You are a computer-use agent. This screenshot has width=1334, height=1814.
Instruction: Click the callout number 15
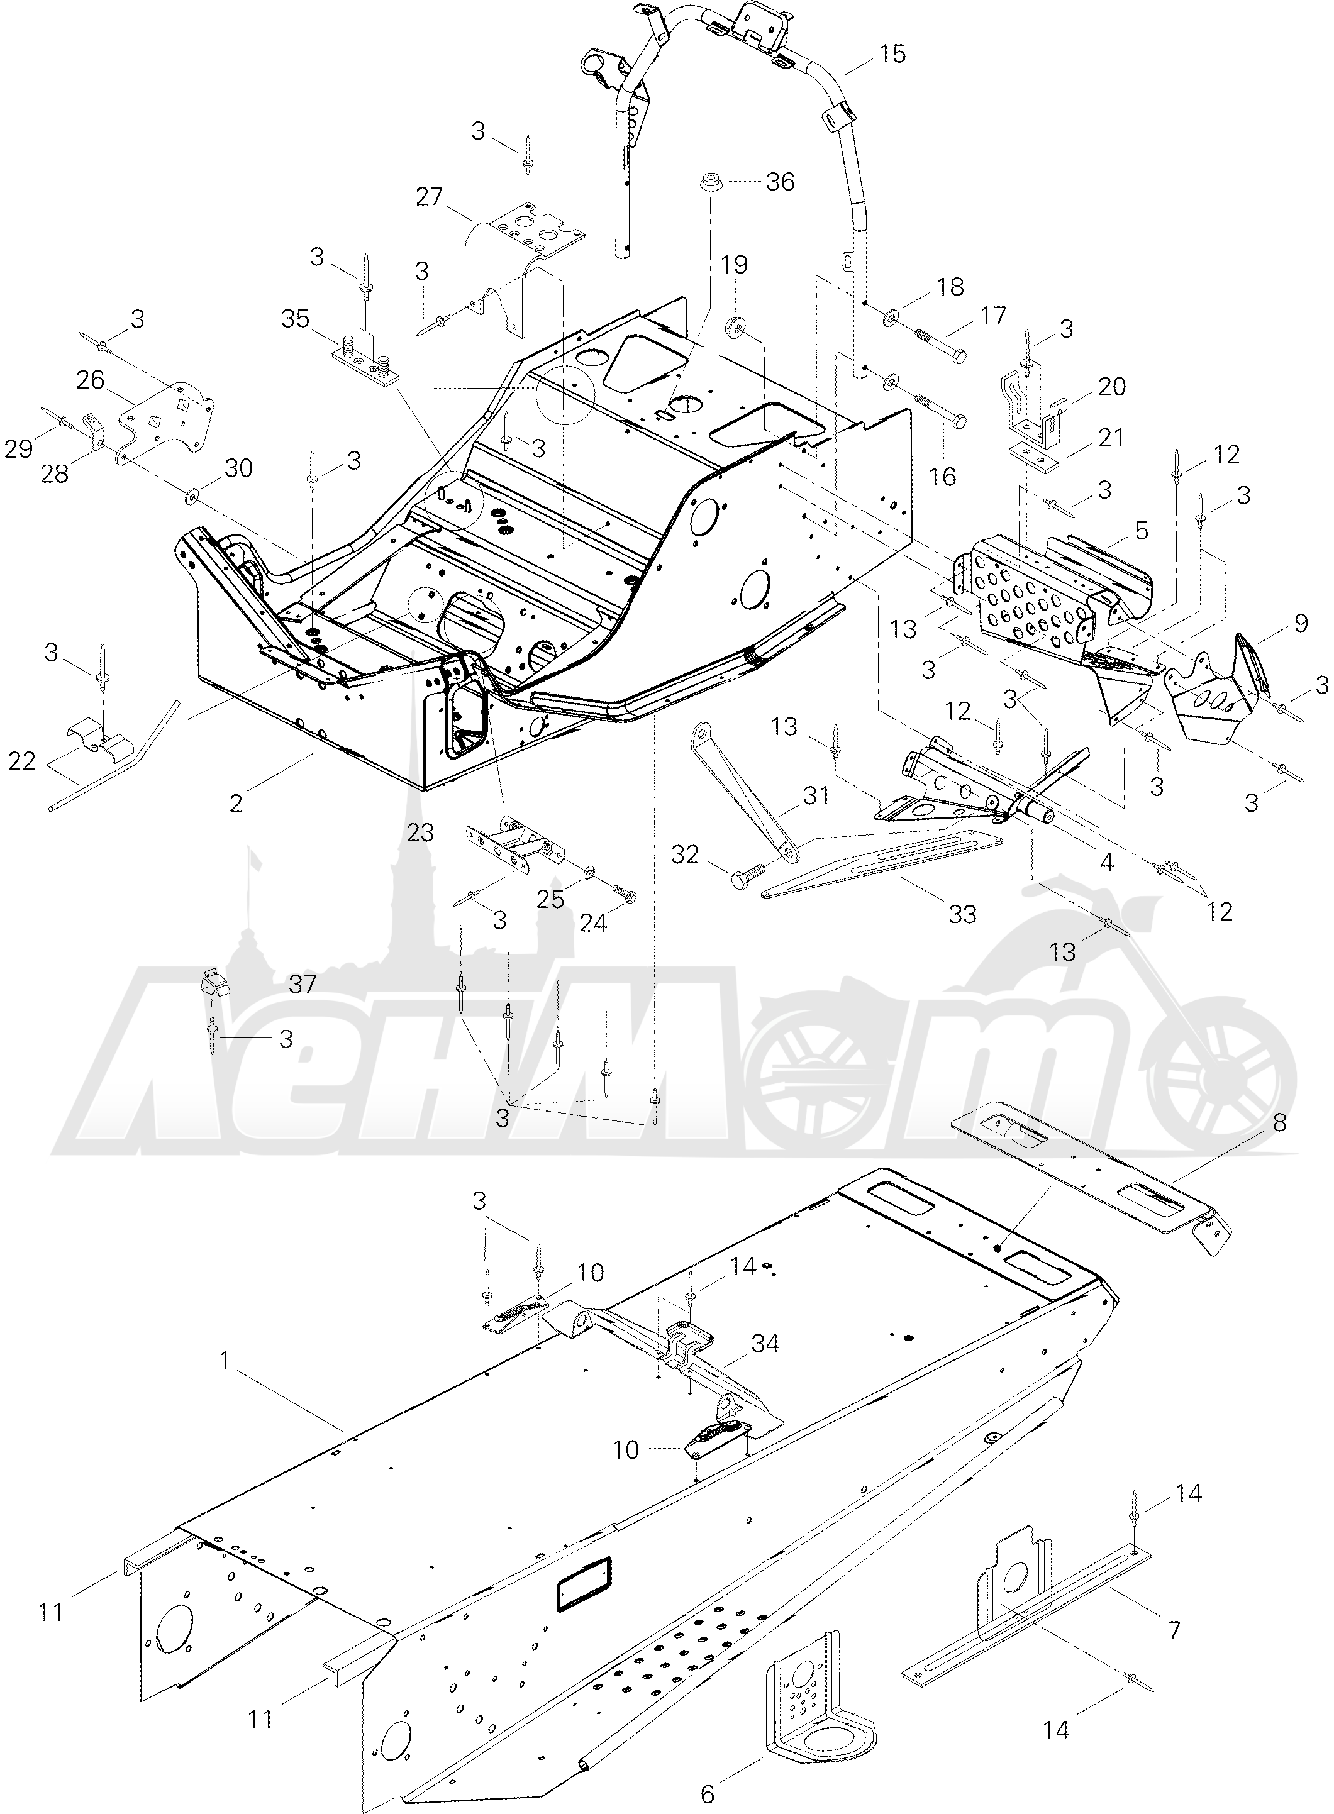(x=892, y=54)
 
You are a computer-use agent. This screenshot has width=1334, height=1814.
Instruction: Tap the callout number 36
(x=780, y=182)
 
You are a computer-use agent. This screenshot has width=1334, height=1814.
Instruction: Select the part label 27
(x=430, y=196)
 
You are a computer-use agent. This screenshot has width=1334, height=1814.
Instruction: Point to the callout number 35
(x=296, y=319)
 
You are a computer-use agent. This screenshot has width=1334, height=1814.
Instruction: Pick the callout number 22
(x=22, y=761)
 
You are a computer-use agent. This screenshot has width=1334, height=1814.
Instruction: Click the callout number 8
(x=1279, y=1122)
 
